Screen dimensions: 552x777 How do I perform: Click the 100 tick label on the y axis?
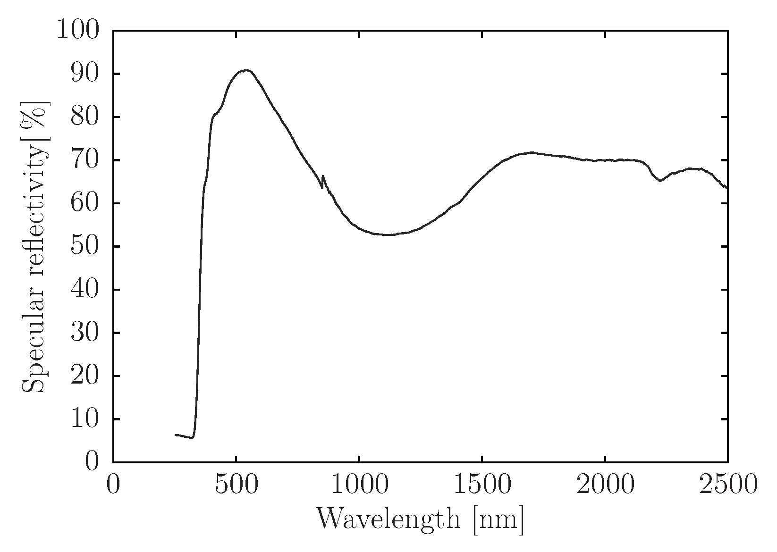pos(78,30)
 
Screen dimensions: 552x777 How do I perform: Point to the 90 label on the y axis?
pos(85,74)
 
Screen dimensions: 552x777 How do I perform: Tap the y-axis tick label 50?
pos(85,246)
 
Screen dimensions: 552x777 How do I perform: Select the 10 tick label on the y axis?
pos(85,419)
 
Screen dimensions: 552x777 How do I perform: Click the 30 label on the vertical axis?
pos(85,333)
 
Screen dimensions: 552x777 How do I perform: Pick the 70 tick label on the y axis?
pos(85,160)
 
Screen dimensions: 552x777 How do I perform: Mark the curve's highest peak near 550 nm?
pos(247,70)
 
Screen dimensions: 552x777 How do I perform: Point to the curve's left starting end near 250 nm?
pos(176,435)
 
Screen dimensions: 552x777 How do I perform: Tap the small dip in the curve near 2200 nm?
pos(660,180)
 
